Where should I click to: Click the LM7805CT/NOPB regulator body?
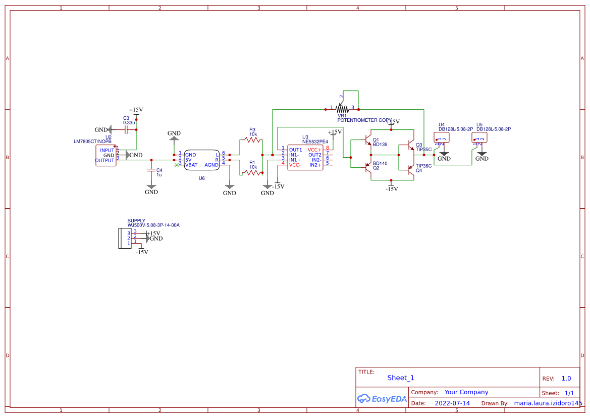coord(105,156)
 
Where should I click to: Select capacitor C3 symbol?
coord(127,130)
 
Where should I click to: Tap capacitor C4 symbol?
coord(151,170)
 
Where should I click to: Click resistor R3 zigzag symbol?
coord(252,140)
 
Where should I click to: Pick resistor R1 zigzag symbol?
coord(252,172)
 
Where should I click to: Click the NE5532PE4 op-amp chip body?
coord(305,157)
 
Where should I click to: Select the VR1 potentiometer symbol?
coord(343,108)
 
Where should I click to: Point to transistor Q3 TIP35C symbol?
coord(410,146)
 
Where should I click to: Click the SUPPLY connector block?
coord(122,238)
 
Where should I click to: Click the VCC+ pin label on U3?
coord(314,150)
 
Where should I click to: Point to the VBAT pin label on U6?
coord(191,165)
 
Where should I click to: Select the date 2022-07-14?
coord(452,403)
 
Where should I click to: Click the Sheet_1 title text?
coord(401,378)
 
